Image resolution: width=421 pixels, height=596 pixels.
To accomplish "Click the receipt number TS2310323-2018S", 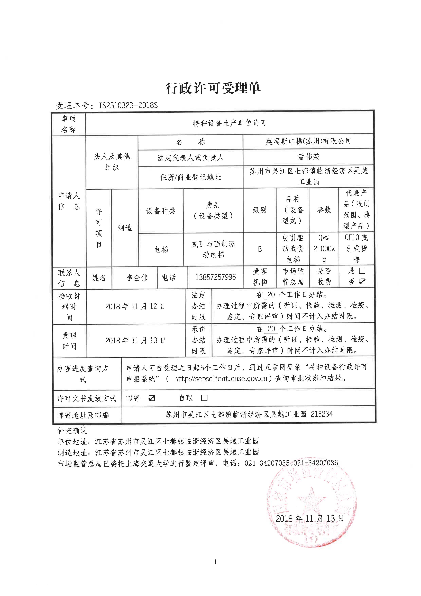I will [x=128, y=105].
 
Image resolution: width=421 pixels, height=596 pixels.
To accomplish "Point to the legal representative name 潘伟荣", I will [x=308, y=157].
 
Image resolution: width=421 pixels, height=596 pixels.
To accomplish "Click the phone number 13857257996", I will [x=215, y=277].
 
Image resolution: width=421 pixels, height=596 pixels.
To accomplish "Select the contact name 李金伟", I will [x=137, y=278].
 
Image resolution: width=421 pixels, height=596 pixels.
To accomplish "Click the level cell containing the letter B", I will [x=260, y=249].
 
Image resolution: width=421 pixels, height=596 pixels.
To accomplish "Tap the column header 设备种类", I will [x=161, y=211].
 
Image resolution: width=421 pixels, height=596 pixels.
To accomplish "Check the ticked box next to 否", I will [x=362, y=282].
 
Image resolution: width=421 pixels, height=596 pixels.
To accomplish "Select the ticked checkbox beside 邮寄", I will [x=152, y=398].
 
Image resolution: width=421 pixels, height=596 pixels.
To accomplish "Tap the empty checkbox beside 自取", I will [x=204, y=398].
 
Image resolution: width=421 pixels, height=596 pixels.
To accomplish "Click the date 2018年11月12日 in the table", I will [x=135, y=306].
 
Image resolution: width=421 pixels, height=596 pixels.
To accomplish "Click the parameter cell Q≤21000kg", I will [x=324, y=249].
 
